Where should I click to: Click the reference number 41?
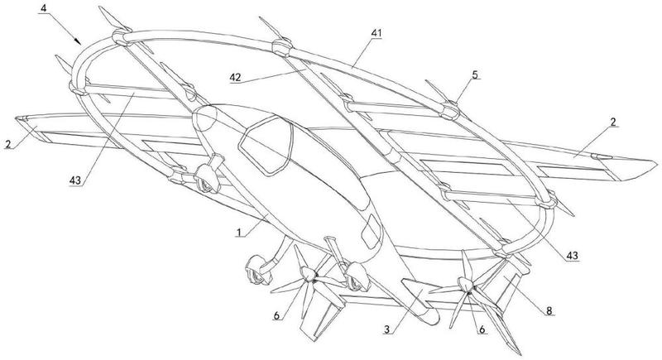(377, 33)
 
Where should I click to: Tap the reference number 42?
(235, 78)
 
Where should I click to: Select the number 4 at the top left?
(44, 7)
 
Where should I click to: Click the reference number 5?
(475, 74)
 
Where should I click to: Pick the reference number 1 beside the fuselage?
(238, 232)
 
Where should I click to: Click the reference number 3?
(386, 329)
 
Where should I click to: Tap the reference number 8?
(549, 310)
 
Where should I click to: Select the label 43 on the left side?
(74, 180)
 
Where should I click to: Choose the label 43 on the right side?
(572, 256)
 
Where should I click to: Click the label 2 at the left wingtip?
(7, 144)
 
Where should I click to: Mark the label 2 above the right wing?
(613, 122)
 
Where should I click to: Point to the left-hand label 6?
(276, 315)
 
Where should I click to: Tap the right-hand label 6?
(482, 329)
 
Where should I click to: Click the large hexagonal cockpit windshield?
(266, 145)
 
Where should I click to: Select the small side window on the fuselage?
(371, 231)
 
